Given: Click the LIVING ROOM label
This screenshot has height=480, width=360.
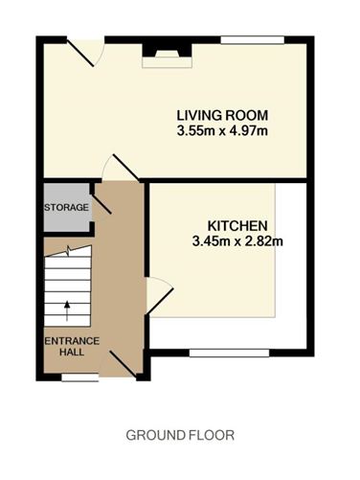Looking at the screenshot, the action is tap(222, 115).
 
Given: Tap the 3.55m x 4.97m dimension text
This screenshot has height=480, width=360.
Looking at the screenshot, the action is tap(222, 131).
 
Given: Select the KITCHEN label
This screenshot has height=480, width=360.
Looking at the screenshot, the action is tap(237, 226).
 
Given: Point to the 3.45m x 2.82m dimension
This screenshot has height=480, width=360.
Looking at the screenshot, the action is tap(237, 241).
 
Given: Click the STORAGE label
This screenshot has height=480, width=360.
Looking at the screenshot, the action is tap(66, 208).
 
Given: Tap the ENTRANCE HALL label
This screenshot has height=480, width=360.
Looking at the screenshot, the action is tap(72, 347).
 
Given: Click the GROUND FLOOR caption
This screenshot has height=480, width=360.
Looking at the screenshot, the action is tap(180, 435).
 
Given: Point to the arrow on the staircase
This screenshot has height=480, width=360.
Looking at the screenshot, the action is tap(67, 310).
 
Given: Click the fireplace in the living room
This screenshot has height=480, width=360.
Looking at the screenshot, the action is tap(167, 56).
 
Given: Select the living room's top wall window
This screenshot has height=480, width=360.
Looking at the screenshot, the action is tap(253, 40).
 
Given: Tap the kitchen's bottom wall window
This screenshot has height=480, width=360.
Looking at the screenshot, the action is tap(230, 353).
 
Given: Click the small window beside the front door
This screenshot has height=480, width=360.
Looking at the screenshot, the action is tap(80, 377).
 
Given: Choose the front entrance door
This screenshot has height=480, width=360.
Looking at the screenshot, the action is tap(124, 364).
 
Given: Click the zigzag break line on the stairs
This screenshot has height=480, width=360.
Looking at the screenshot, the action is tap(68, 251).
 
